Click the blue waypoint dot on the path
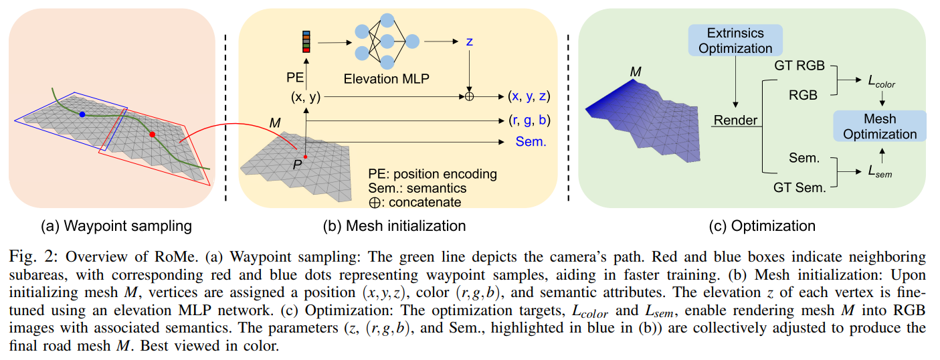click(x=82, y=115)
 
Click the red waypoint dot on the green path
click(x=152, y=134)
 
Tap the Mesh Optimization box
click(x=880, y=126)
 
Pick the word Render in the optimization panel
click(x=735, y=120)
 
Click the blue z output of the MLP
click(x=469, y=41)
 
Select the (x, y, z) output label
click(x=529, y=96)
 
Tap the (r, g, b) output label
click(x=529, y=120)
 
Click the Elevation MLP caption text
click(x=386, y=78)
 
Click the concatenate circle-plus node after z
click(x=470, y=96)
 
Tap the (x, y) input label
click(x=306, y=97)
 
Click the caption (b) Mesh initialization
click(x=394, y=226)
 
